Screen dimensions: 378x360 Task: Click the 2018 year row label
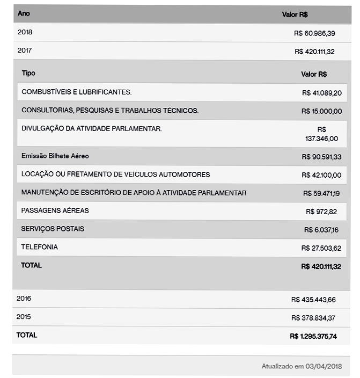[x=25, y=32]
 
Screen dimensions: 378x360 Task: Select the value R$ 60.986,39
[x=314, y=33]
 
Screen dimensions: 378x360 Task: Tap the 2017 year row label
[x=25, y=50]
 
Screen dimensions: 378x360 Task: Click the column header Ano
[x=24, y=13]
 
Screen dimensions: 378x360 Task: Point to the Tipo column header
[x=28, y=73]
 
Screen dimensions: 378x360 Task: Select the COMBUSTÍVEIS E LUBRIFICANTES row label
[x=76, y=92]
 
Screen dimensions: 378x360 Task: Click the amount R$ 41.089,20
[x=321, y=93]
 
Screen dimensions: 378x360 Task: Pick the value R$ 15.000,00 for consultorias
[x=321, y=111]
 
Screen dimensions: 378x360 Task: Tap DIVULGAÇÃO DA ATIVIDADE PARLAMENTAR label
[x=91, y=128]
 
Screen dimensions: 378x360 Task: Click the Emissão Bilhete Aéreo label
[x=55, y=156]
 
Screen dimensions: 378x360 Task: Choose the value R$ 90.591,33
[x=321, y=157]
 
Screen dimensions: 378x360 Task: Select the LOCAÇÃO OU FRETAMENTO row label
[x=115, y=175]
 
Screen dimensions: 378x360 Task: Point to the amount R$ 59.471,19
[x=322, y=193]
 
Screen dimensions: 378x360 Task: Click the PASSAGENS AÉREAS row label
[x=55, y=210]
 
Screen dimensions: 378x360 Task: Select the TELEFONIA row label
[x=39, y=247]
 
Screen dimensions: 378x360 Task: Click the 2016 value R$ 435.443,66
[x=313, y=300]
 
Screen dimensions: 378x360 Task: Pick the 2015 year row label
[x=24, y=317]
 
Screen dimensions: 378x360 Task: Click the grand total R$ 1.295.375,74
[x=313, y=336]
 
